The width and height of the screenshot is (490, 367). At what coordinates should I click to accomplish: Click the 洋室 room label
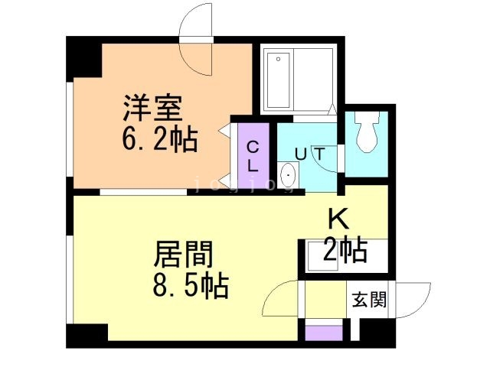[x=152, y=108]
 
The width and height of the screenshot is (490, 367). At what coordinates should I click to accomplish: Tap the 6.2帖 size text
[x=159, y=139]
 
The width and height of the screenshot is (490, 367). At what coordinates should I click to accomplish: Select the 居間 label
[x=183, y=254]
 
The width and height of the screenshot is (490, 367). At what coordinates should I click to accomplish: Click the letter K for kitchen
[x=338, y=219]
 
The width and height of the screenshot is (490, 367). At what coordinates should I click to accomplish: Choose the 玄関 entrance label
[x=369, y=300]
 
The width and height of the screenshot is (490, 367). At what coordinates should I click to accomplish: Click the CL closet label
[x=253, y=156]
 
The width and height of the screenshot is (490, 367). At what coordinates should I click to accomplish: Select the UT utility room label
[x=310, y=154]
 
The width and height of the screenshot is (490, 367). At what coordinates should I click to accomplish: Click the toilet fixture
[x=367, y=132]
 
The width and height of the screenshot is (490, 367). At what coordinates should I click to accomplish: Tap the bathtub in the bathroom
[x=278, y=80]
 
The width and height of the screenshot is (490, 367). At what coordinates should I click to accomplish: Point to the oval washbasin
[x=289, y=175]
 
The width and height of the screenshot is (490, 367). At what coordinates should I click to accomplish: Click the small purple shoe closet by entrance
[x=324, y=333]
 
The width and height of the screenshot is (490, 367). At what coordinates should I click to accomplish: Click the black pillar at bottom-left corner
[x=87, y=336]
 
